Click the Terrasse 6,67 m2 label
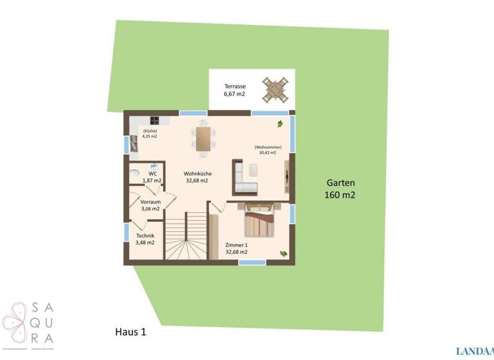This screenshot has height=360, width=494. click(x=234, y=90)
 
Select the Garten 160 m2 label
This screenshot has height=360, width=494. click(x=340, y=188)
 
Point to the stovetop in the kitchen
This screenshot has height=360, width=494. click(x=156, y=120)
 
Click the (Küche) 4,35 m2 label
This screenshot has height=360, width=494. click(x=150, y=134)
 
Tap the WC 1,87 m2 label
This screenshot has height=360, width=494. click(x=152, y=177)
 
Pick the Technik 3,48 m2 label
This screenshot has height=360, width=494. click(x=144, y=239)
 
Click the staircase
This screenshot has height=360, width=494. click(x=186, y=237)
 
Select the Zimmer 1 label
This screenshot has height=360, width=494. click(x=236, y=249)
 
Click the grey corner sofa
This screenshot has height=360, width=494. click(x=244, y=178)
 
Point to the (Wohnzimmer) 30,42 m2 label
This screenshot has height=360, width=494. click(x=267, y=150)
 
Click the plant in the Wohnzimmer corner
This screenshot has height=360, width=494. click(x=280, y=123)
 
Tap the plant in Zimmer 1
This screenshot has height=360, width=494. click(x=283, y=253)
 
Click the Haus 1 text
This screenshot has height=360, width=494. click(x=131, y=332)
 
